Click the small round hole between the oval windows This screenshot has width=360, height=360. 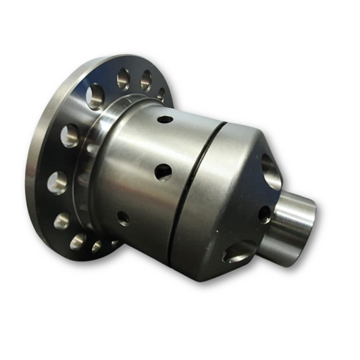(264, 214)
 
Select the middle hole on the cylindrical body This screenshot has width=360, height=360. (163, 172)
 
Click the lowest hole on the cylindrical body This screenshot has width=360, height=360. (123, 217)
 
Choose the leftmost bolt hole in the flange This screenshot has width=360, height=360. (56, 182)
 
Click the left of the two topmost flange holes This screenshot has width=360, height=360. (123, 80)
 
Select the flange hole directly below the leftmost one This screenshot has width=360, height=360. (61, 220)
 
